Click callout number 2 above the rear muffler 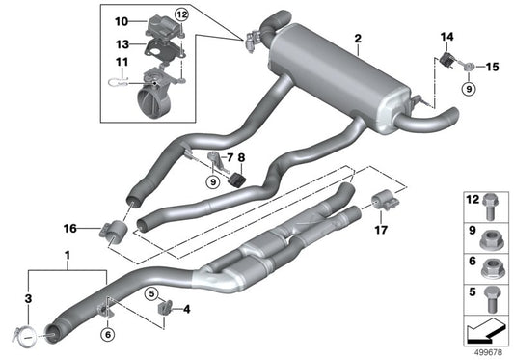(358, 39)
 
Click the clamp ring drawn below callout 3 (28, 335)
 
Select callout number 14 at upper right (446, 38)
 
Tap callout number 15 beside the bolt (492, 67)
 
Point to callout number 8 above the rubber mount (242, 157)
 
